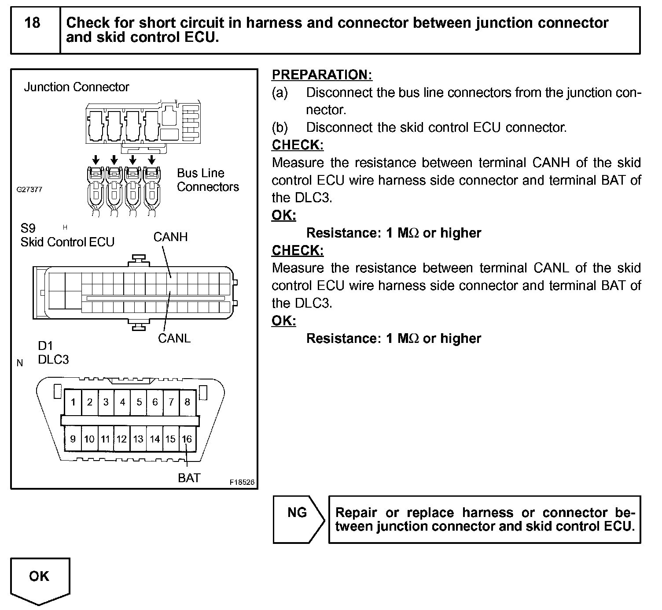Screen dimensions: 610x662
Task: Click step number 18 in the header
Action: [33, 23]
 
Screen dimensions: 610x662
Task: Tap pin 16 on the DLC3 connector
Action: [187, 439]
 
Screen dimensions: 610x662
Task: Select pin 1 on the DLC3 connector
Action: [73, 402]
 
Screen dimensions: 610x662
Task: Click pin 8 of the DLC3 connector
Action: [187, 402]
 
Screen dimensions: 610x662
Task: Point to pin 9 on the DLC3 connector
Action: [73, 439]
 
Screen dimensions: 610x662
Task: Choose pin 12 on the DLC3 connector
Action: [121, 439]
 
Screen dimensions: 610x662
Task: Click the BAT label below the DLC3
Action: [189, 478]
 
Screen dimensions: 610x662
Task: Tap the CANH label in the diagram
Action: [170, 237]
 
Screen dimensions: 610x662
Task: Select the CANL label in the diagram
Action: [174, 338]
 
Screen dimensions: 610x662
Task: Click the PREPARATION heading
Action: [322, 75]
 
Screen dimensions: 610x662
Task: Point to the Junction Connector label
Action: [76, 87]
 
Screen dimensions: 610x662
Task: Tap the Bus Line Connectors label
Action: [207, 180]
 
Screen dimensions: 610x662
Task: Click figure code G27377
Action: [29, 190]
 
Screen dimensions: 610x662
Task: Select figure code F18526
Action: [242, 482]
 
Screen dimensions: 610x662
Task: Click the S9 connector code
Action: [28, 228]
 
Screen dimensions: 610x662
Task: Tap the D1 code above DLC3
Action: [45, 346]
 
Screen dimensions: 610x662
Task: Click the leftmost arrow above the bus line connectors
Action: [96, 159]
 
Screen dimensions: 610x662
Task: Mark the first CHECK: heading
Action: [298, 145]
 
